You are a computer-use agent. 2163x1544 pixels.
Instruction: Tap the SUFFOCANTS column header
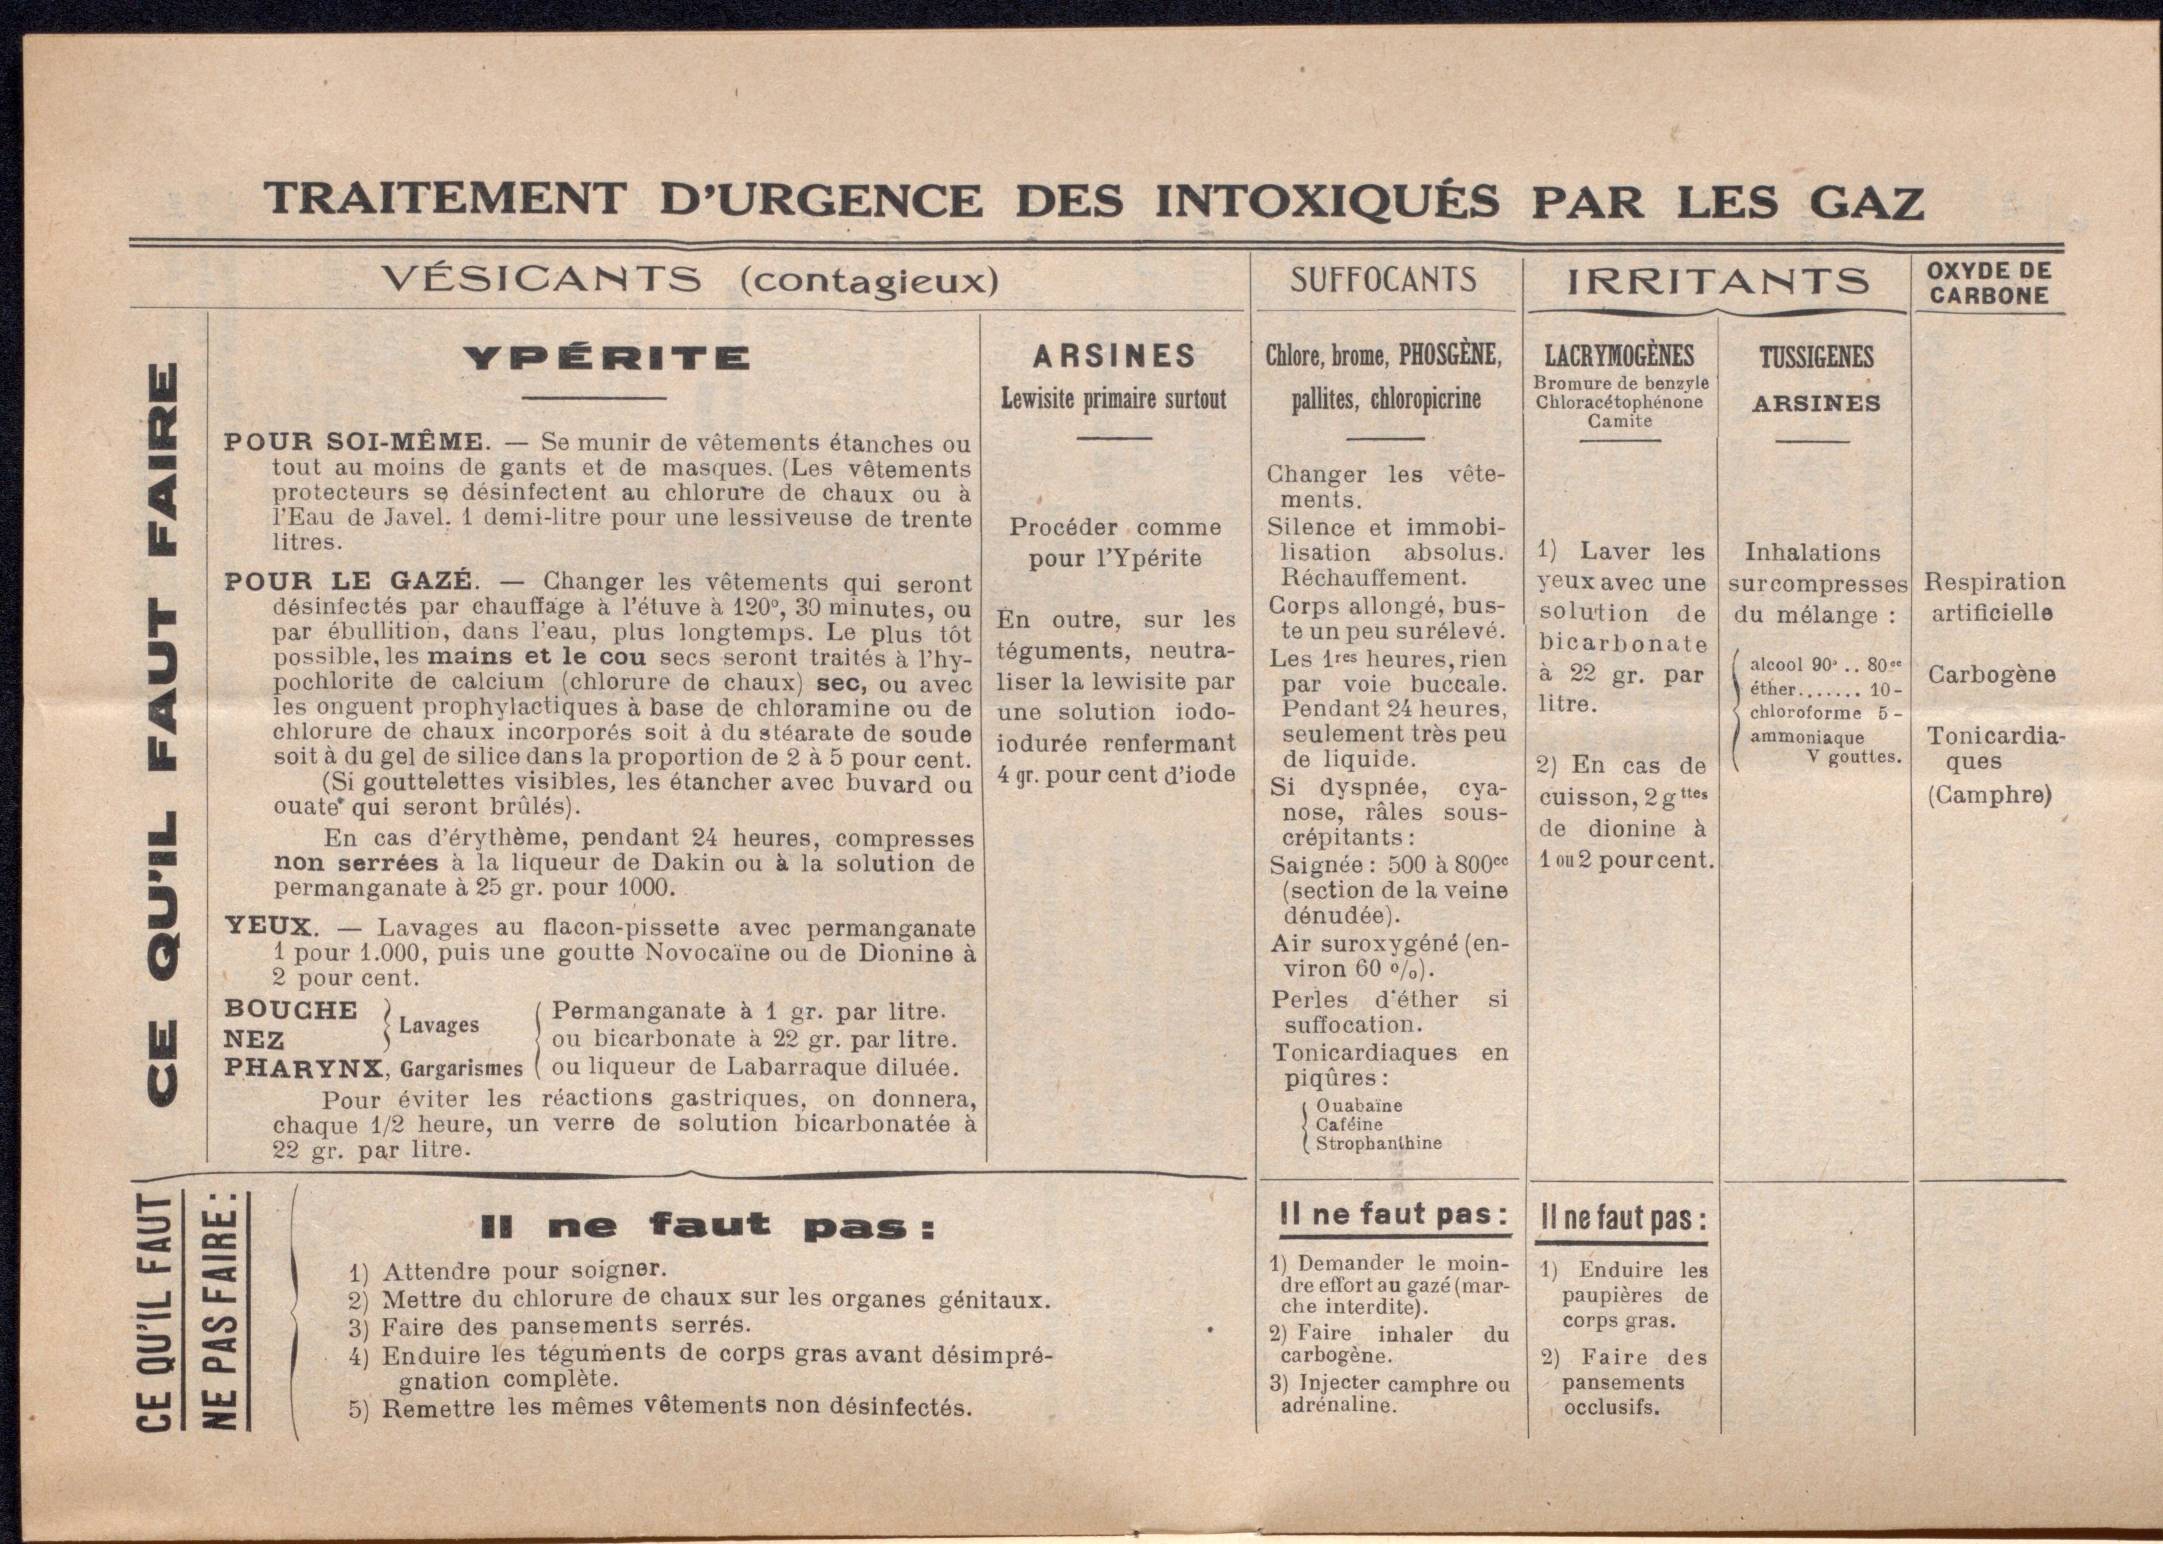[1383, 279]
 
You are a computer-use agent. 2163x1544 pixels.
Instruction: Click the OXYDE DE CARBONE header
[1989, 283]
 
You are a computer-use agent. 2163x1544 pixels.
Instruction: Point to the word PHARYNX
[302, 1068]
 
